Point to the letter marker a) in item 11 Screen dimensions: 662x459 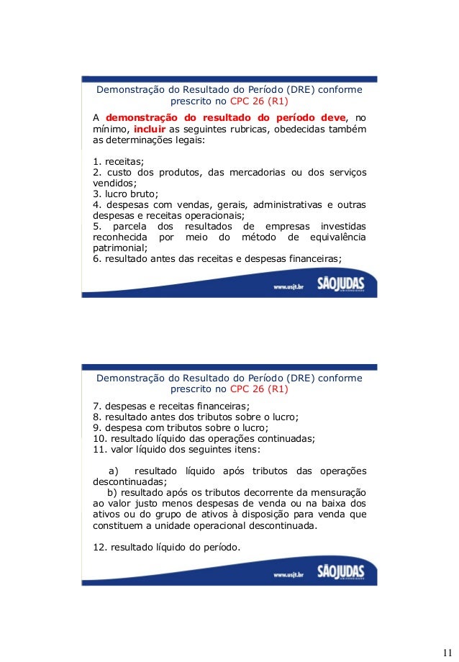[x=114, y=471]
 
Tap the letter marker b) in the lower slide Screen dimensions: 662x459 [x=114, y=492]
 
